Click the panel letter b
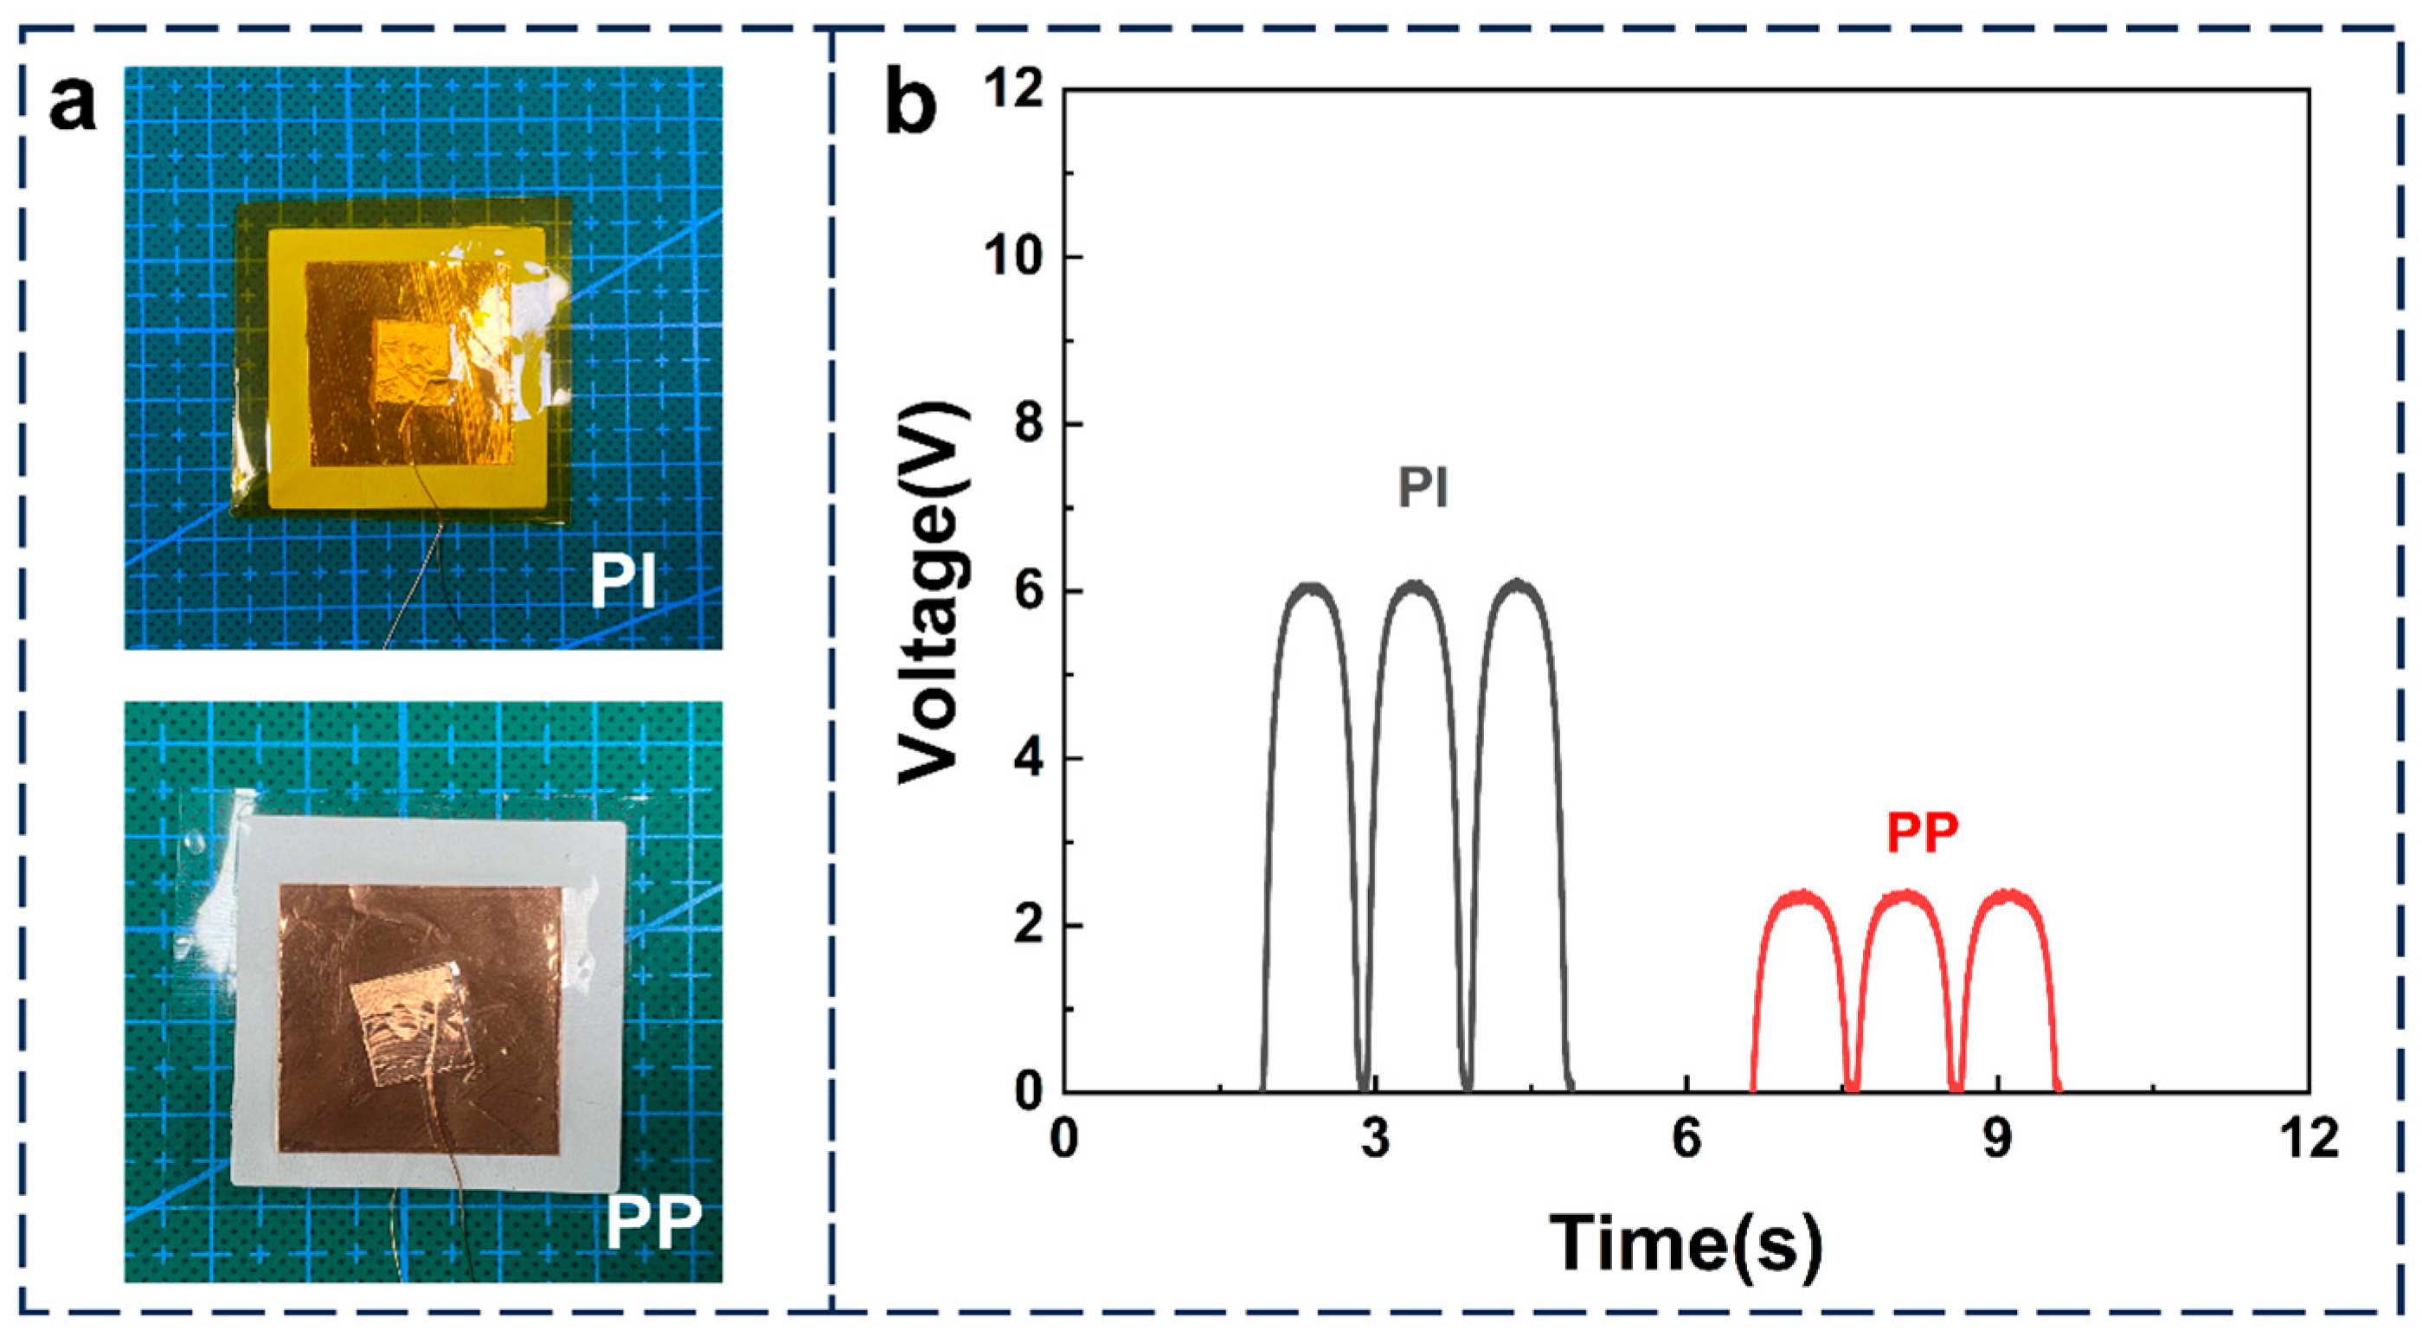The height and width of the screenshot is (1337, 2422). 910,107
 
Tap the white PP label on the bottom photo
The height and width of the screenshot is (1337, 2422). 653,1221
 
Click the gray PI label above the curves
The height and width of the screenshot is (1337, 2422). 1422,489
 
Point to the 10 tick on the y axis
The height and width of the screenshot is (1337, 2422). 1007,258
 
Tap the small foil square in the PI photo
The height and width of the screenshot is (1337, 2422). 414,360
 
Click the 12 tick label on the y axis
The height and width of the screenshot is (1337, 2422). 1007,90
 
